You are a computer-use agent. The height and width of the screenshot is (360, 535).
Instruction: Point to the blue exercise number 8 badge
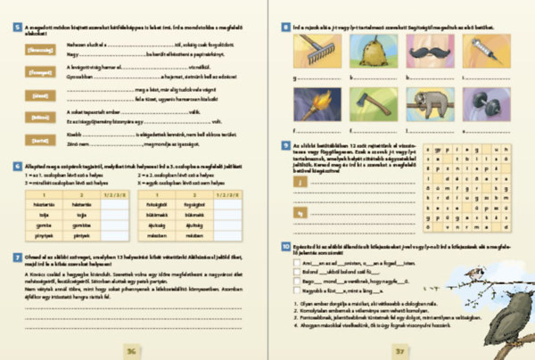tap(284, 28)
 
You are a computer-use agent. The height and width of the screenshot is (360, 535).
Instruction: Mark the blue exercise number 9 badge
tap(284, 143)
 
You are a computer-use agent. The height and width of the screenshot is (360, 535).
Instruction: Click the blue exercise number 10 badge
tap(284, 244)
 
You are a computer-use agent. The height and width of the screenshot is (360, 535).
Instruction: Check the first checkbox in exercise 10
tap(295, 263)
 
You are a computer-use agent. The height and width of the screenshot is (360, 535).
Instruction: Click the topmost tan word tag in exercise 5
tap(35, 52)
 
